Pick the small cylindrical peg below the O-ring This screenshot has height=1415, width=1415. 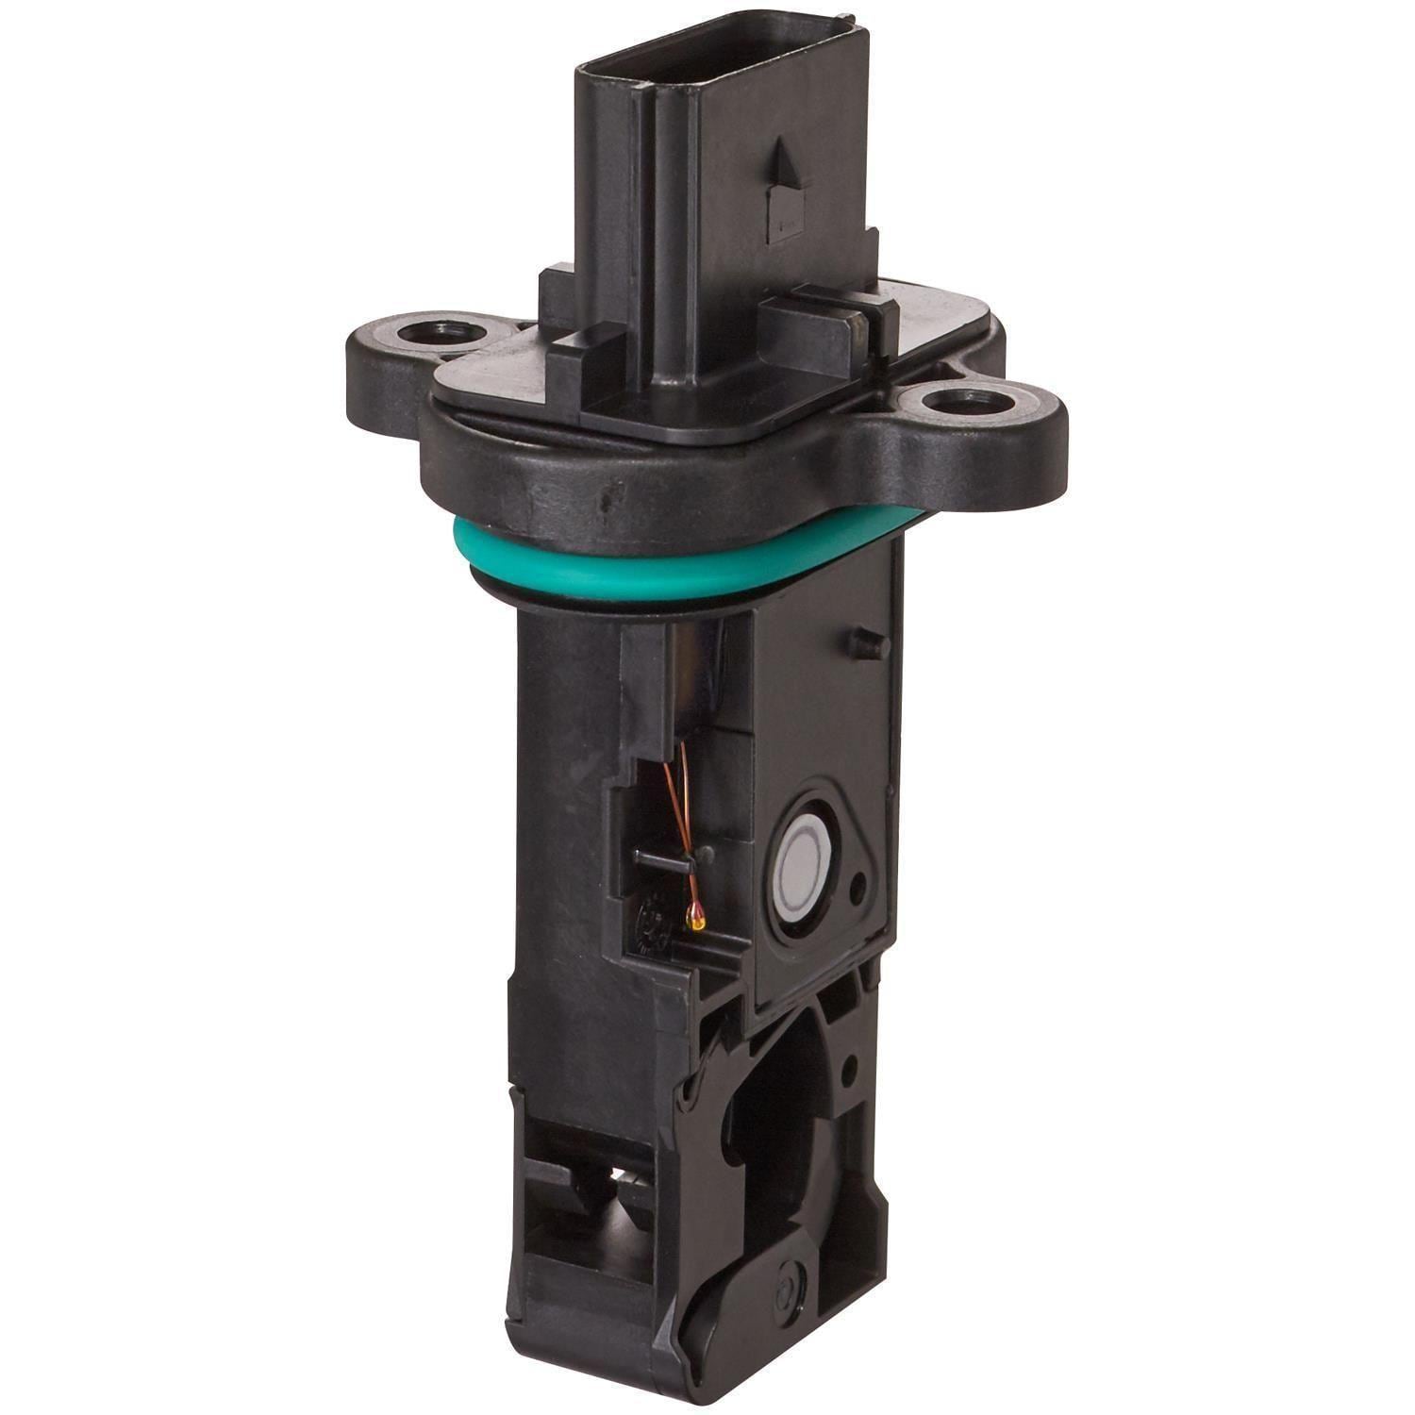click(866, 644)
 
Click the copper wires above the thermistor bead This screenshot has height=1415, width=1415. click(684, 811)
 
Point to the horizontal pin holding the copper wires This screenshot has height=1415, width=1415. click(660, 858)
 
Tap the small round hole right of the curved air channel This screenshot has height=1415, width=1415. click(852, 1066)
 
